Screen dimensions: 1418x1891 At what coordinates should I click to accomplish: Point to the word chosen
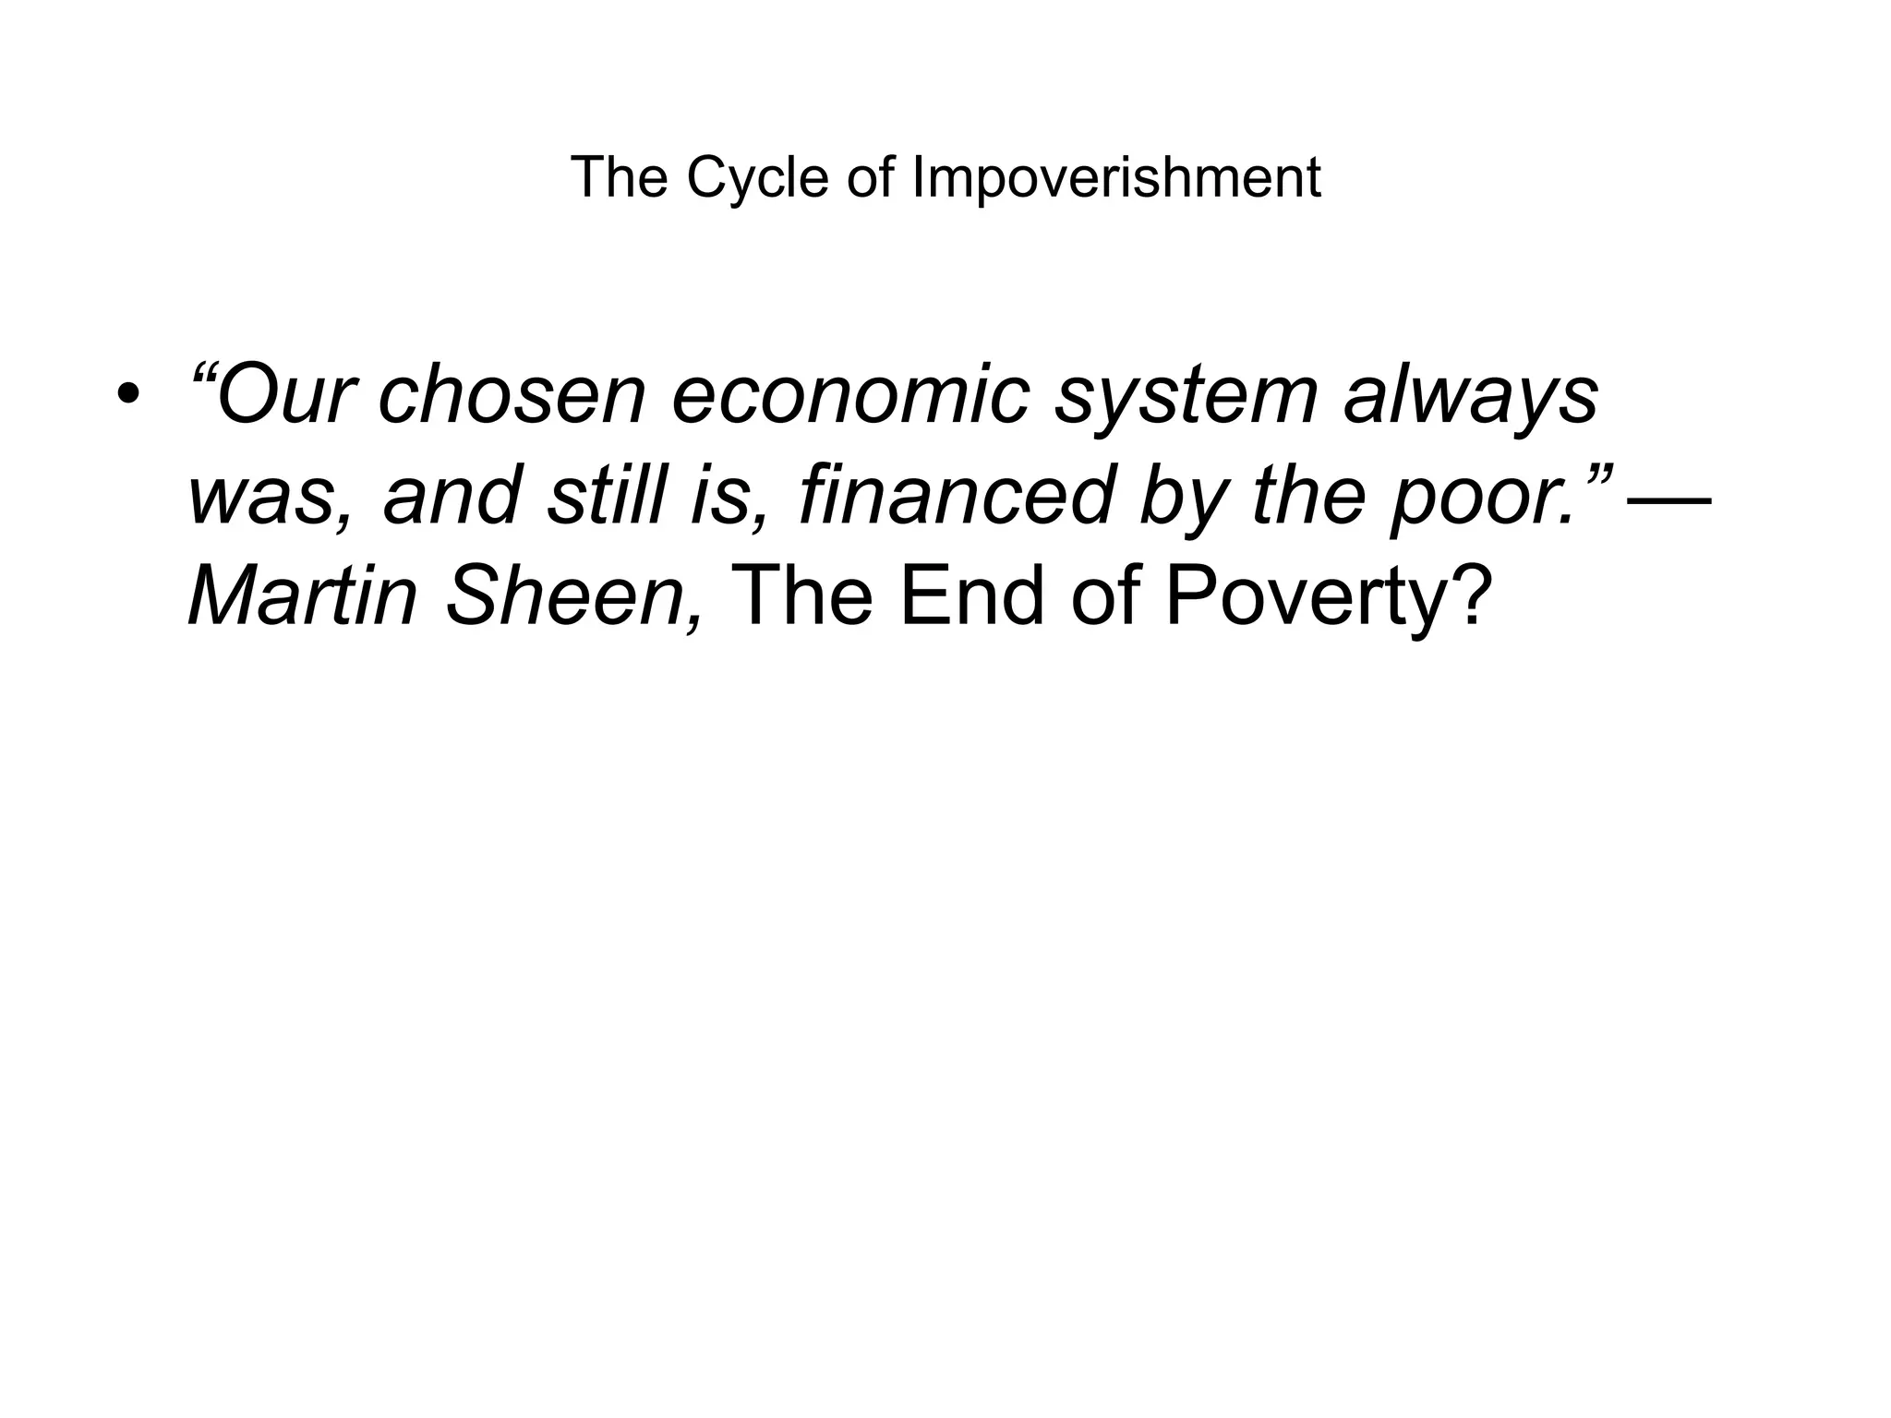click(x=512, y=396)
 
